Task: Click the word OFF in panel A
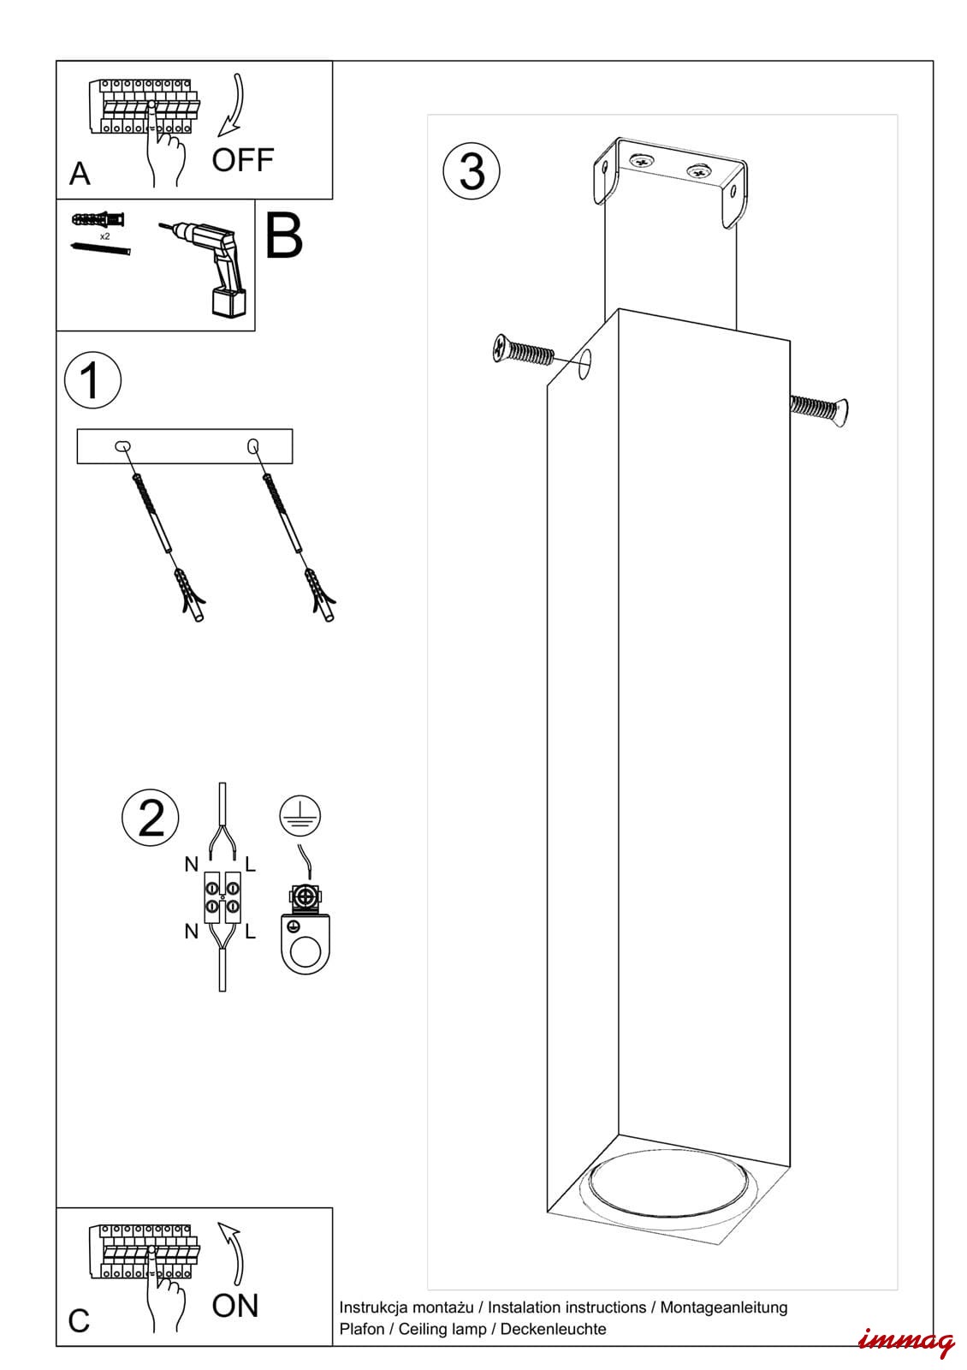pyautogui.click(x=243, y=160)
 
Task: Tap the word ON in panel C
pyautogui.click(x=235, y=1306)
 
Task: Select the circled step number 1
pyautogui.click(x=92, y=379)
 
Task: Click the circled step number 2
pyautogui.click(x=151, y=817)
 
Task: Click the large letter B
pyautogui.click(x=284, y=235)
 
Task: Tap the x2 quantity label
pyautogui.click(x=104, y=235)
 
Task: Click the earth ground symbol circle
pyautogui.click(x=300, y=815)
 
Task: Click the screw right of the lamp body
pyautogui.click(x=819, y=410)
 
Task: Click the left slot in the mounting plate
pyautogui.click(x=123, y=445)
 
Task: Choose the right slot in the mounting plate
pyautogui.click(x=252, y=445)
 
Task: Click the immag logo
pyautogui.click(x=905, y=1342)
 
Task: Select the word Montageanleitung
pyautogui.click(x=723, y=1307)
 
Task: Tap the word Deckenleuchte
pyautogui.click(x=553, y=1329)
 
